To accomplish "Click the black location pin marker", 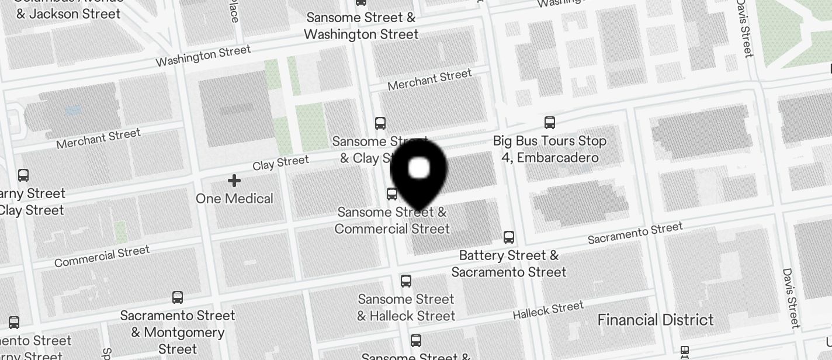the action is coord(418,172).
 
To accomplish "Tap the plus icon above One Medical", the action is coord(234,181).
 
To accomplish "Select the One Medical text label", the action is coord(234,199).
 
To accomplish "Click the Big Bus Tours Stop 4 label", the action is coord(549,149).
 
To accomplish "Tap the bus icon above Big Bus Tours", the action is coord(549,122).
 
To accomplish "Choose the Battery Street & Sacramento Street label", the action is coord(508,264).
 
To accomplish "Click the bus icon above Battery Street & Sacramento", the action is coord(509,237).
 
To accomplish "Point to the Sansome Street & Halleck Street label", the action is coord(406,307).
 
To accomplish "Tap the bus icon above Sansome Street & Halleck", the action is coord(406,281).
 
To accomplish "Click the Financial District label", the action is coord(655,320).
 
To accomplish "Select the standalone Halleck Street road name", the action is coord(548,310).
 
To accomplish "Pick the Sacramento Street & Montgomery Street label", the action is coord(178,332).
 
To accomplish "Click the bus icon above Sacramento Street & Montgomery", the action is coord(178,297).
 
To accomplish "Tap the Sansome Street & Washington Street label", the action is coord(361,26).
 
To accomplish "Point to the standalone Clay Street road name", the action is coord(280,163).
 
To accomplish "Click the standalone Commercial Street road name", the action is coord(102,256).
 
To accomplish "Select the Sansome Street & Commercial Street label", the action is coord(392,220).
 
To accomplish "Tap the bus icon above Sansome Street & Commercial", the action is coord(392,193).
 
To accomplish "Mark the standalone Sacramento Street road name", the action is coord(635,233).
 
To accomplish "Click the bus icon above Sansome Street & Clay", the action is coord(380,123).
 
